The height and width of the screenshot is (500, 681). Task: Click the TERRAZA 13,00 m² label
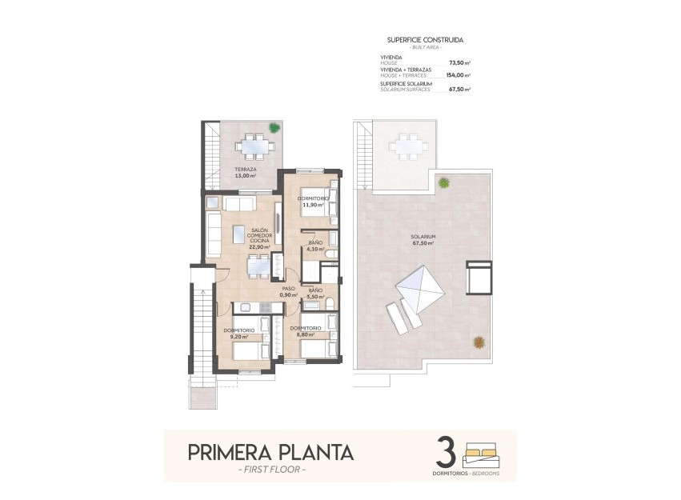pyautogui.click(x=246, y=173)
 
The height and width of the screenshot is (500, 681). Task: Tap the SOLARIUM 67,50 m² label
pyautogui.click(x=423, y=240)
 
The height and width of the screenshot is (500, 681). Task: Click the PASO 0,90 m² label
pyautogui.click(x=289, y=292)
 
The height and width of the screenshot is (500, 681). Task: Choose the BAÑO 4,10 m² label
pyautogui.click(x=315, y=246)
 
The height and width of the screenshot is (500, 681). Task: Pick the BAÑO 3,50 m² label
pyautogui.click(x=315, y=294)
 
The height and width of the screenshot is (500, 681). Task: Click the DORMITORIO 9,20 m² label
pyautogui.click(x=240, y=334)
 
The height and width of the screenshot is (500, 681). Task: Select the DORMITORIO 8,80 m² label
pyautogui.click(x=306, y=332)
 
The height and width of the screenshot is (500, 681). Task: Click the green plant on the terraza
pyautogui.click(x=274, y=127)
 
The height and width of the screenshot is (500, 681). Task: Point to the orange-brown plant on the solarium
pyautogui.click(x=479, y=342)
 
